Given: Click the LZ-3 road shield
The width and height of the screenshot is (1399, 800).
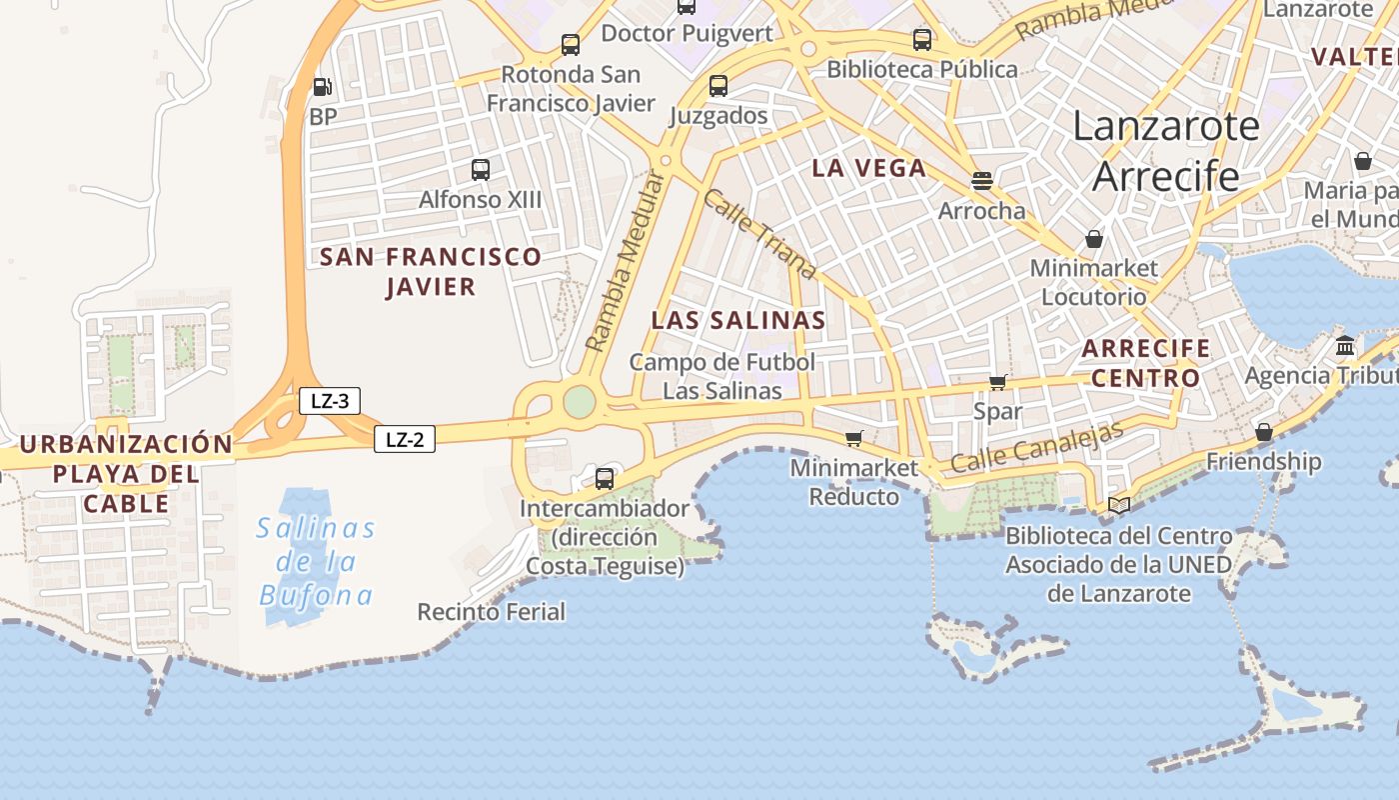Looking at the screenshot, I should coord(330,402).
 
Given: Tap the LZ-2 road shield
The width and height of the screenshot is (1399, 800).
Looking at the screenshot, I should coord(405,439).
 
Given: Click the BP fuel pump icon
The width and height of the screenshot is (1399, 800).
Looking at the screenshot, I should coord(321,87).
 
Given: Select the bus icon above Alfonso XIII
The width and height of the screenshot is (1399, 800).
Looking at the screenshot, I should coord(481,169).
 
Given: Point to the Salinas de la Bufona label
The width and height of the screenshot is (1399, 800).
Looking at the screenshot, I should coord(316,562).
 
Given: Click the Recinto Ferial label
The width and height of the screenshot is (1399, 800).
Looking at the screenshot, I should coord(491,611).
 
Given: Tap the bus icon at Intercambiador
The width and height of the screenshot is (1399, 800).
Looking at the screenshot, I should coord(605,478).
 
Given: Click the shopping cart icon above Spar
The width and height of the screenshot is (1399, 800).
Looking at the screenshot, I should coord(997,382).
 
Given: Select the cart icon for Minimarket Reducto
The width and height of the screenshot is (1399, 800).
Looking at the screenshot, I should coord(853,438).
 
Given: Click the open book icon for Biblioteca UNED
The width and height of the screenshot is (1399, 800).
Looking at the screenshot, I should coord(1119,506).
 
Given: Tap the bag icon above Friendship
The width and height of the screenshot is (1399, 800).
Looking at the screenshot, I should coord(1264,432).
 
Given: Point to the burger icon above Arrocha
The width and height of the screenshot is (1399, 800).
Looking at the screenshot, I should coord(982,181).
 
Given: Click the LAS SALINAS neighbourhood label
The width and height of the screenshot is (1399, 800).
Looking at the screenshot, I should coord(738,320).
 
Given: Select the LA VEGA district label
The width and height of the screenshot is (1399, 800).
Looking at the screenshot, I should coord(869,168).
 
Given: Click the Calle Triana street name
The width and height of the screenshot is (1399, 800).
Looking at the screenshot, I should coord(758,234).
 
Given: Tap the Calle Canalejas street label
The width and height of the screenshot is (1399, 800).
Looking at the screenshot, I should coord(1036,447).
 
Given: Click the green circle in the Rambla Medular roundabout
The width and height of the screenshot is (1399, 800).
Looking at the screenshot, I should coord(580,402).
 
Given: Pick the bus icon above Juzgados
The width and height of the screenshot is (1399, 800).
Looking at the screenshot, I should coord(718,86).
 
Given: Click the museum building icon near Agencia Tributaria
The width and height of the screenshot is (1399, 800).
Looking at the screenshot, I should coord(1345,346).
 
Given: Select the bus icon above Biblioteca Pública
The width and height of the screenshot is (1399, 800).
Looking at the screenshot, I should coord(922,40).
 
